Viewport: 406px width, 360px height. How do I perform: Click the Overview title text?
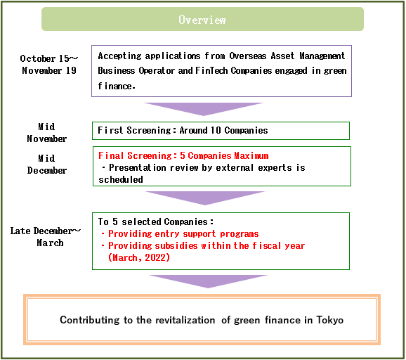tap(202, 20)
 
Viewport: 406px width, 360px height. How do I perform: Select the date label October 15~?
tap(48, 58)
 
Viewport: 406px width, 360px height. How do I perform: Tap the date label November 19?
tap(49, 70)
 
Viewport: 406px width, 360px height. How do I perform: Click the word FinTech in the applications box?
tap(211, 70)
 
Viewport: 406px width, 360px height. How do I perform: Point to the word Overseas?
tap(248, 56)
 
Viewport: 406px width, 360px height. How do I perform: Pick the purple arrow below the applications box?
tap(204, 109)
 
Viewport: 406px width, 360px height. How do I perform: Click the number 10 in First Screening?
tap(216, 130)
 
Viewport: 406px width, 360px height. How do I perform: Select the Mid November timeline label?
tap(47, 133)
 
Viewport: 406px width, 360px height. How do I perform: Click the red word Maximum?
tap(251, 155)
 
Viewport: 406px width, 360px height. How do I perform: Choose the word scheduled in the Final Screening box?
tap(121, 179)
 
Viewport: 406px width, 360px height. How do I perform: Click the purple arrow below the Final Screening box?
tap(205, 198)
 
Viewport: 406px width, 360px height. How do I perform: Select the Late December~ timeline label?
tap(46, 231)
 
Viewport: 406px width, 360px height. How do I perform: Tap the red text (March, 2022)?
tap(139, 257)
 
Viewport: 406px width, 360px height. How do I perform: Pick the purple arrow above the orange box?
tap(208, 281)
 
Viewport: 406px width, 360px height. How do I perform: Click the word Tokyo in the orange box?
tap(329, 320)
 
